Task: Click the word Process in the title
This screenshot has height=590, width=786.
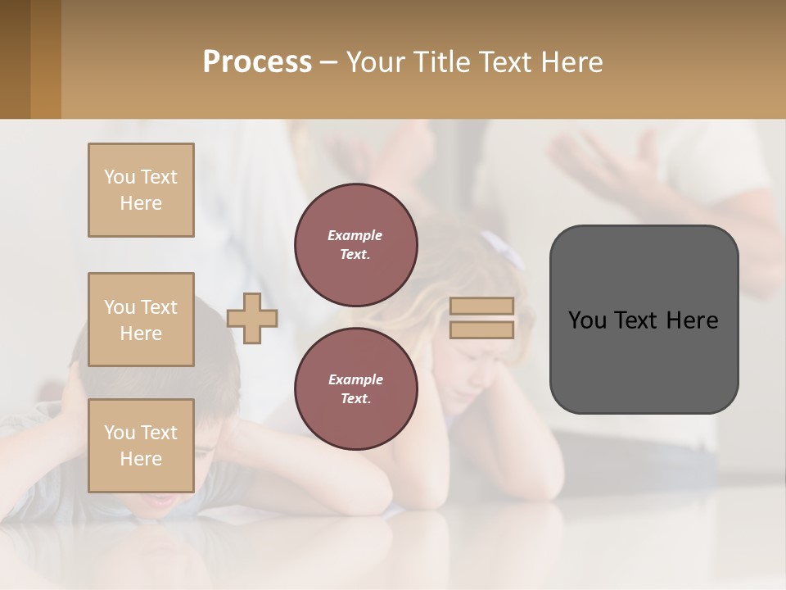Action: [257, 62]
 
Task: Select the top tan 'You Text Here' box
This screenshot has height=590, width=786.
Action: [141, 190]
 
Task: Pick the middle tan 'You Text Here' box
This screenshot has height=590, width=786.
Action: [141, 320]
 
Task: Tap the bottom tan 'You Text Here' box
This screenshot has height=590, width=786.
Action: [141, 446]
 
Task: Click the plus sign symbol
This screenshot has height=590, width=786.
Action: [252, 318]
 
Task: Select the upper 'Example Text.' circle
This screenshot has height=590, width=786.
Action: [355, 244]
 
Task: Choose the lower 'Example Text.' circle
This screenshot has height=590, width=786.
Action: [355, 388]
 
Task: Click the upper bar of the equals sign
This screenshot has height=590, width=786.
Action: [482, 306]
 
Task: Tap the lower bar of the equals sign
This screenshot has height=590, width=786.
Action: [482, 330]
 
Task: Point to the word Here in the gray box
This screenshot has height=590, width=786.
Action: [692, 320]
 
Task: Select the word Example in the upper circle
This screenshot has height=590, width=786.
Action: [355, 235]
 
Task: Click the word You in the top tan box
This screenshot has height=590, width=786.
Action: [119, 177]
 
